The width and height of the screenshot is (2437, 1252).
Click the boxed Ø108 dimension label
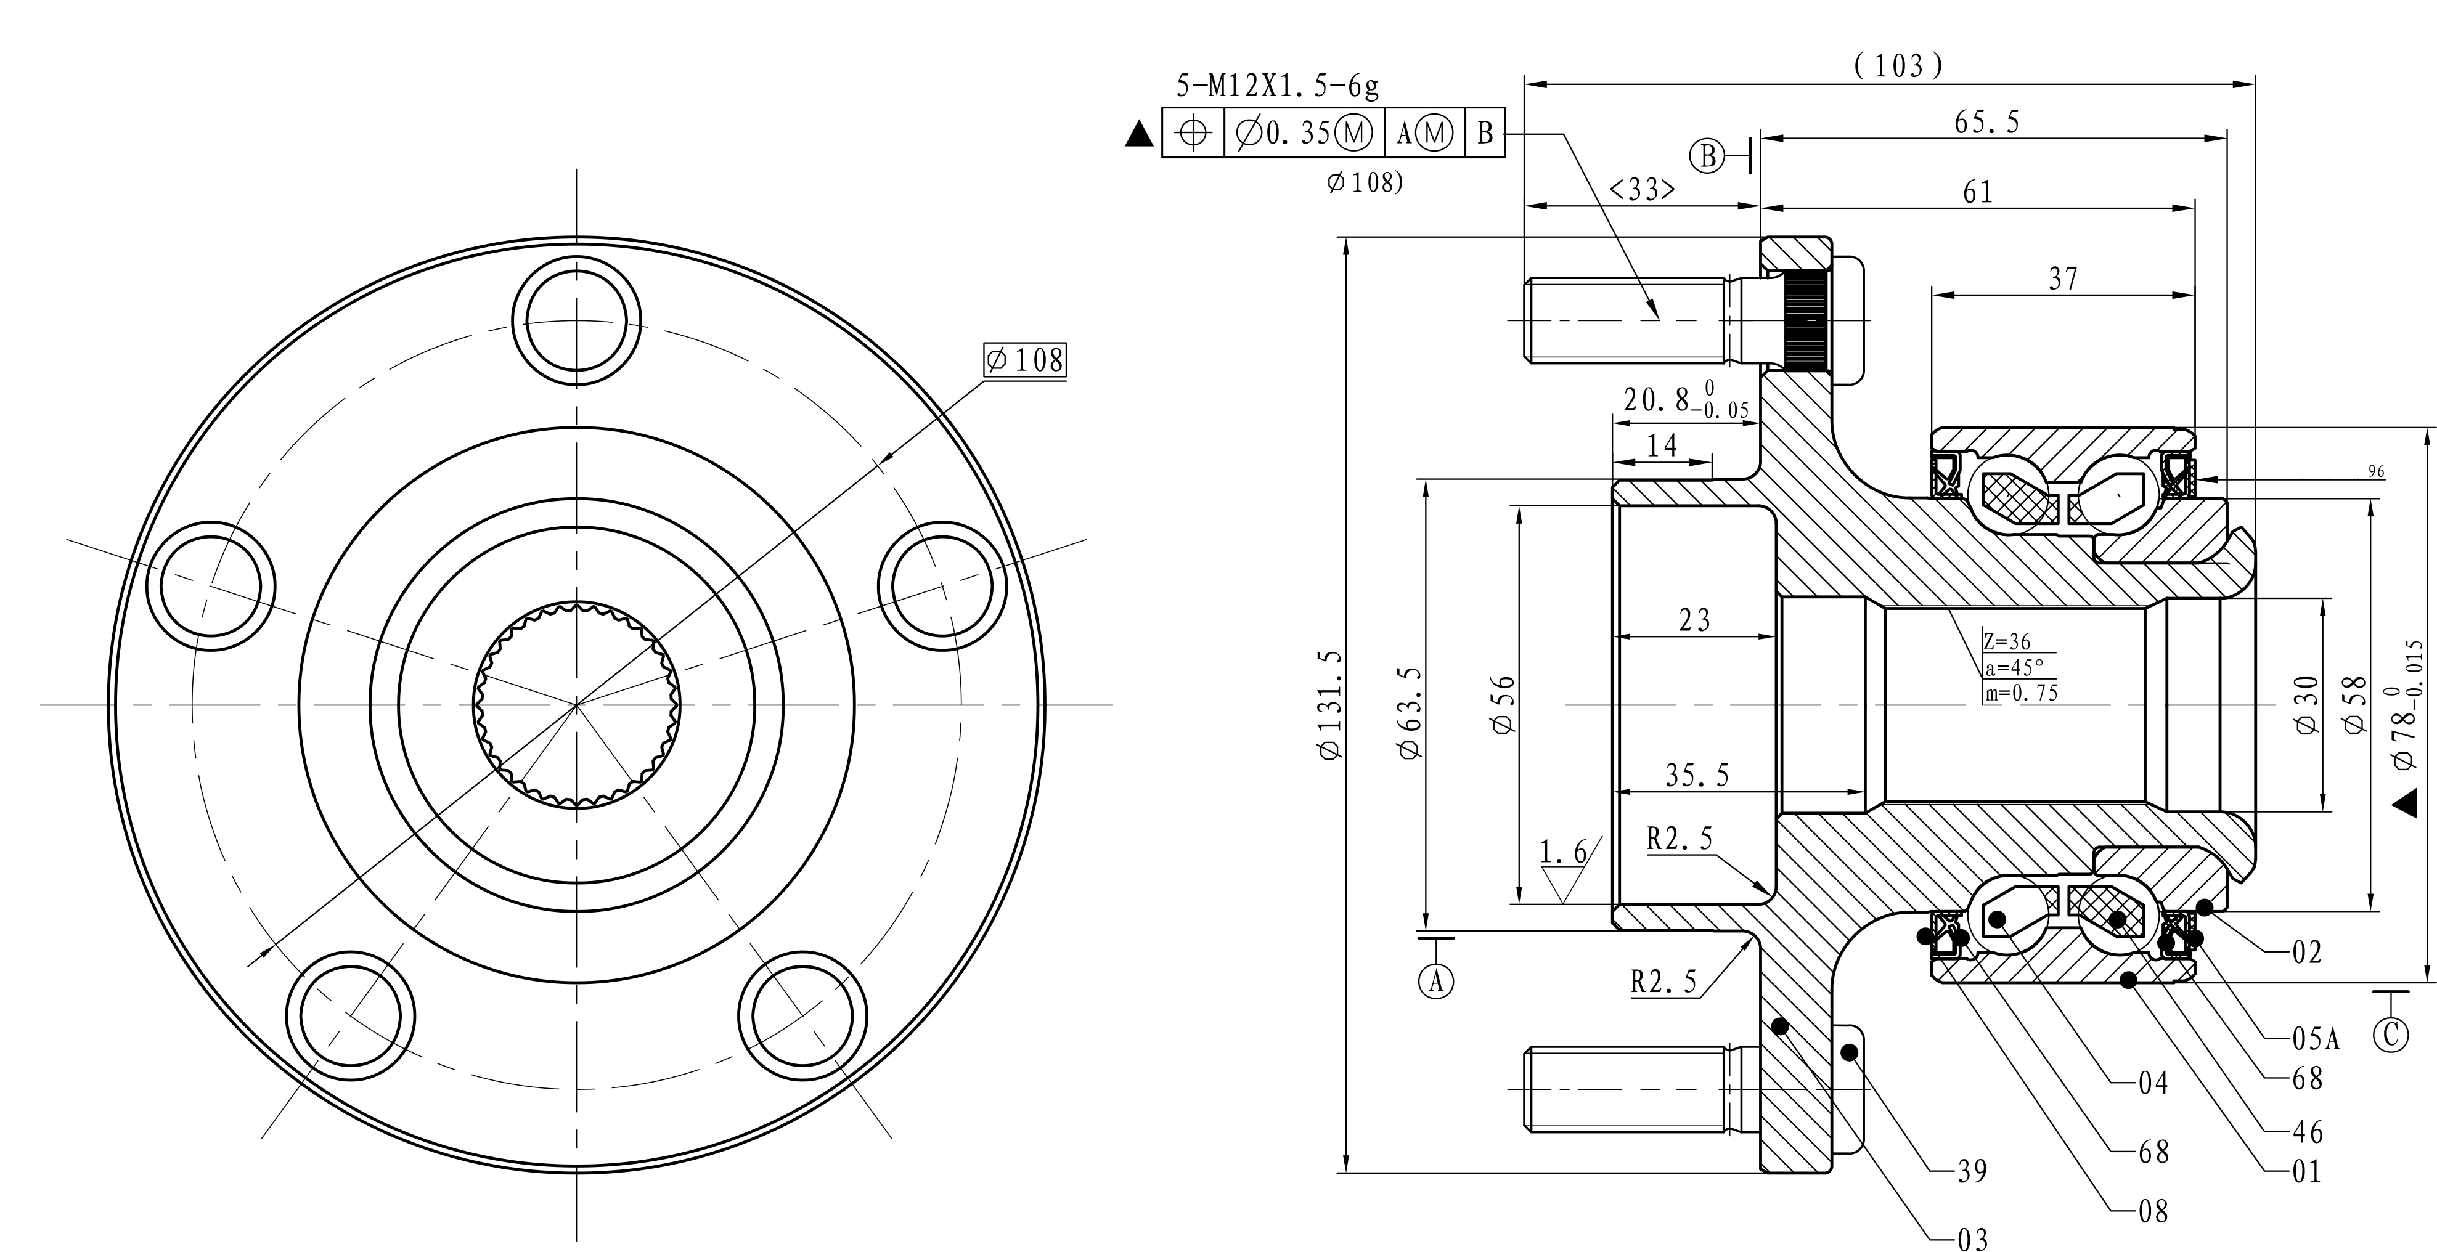tap(1024, 360)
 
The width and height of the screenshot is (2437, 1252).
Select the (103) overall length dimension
tap(1899, 65)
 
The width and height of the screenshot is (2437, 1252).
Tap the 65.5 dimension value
tap(1986, 122)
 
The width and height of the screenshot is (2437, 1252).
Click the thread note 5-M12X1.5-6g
tap(1277, 86)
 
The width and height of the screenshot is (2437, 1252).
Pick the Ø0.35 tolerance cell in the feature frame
tap(1304, 133)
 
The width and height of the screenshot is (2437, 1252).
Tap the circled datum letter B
tap(1708, 156)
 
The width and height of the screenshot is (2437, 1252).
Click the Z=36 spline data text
tap(2007, 642)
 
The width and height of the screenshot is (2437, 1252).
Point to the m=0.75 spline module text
tap(2021, 693)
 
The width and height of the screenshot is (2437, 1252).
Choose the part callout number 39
tap(1972, 1172)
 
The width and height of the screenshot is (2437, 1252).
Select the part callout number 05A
tap(2315, 1039)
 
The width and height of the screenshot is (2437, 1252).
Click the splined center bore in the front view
tap(576, 704)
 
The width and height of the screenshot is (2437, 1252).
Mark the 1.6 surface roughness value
tap(1563, 853)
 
